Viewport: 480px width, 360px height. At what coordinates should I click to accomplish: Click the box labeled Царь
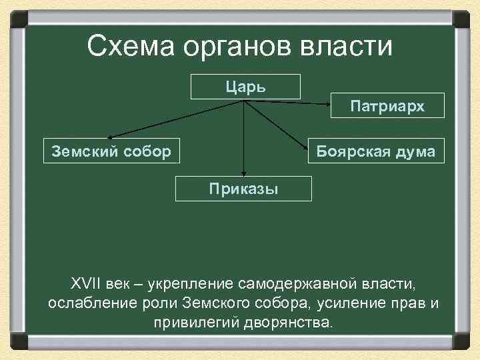pos(245,87)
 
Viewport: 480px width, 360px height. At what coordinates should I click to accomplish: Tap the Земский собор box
pos(111,151)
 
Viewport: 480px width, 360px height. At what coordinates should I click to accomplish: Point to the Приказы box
pos(243,188)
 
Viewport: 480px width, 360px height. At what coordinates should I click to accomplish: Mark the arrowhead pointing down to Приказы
pos(244,172)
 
